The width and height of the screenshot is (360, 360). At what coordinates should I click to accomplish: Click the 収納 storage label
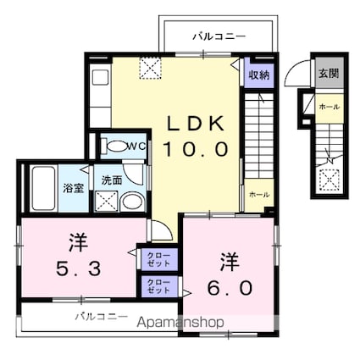258,75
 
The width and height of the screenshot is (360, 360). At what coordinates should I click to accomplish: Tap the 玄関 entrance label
327,73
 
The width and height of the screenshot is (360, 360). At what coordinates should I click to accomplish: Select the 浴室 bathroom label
73,188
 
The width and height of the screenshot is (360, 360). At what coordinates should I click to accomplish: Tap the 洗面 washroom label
111,180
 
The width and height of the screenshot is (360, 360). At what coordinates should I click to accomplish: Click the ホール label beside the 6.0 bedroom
258,194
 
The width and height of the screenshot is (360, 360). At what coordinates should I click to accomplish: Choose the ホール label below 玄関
327,107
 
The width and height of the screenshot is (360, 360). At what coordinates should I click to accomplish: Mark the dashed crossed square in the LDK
150,65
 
